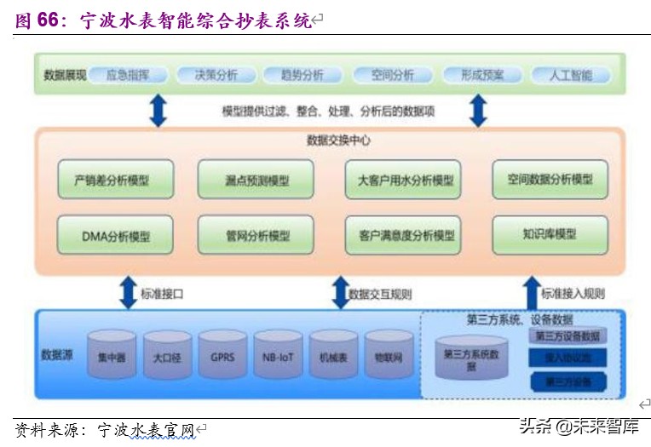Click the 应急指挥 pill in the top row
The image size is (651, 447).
coord(128,75)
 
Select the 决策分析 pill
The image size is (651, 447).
coord(216,75)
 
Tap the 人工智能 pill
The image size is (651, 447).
coord(571,75)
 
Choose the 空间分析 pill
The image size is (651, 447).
coord(392,75)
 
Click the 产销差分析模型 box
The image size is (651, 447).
coord(116,181)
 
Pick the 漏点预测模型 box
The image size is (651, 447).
coord(256,181)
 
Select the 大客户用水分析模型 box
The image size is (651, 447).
coord(403,181)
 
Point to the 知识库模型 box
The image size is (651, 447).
coord(550,234)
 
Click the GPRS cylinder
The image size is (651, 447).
coord(222,355)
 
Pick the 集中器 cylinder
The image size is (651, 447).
coord(112,355)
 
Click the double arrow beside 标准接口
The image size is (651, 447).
coord(128,292)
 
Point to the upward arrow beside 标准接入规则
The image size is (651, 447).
coord(531,292)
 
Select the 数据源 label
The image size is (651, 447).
coord(57,353)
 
